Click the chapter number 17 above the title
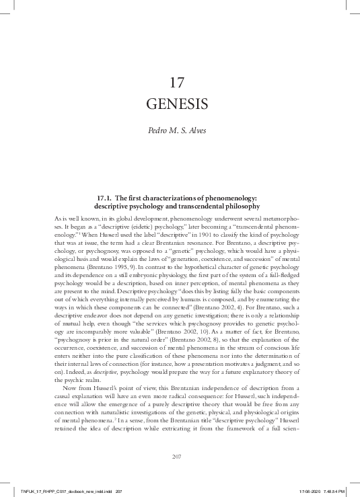pyautogui.click(x=177, y=83)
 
